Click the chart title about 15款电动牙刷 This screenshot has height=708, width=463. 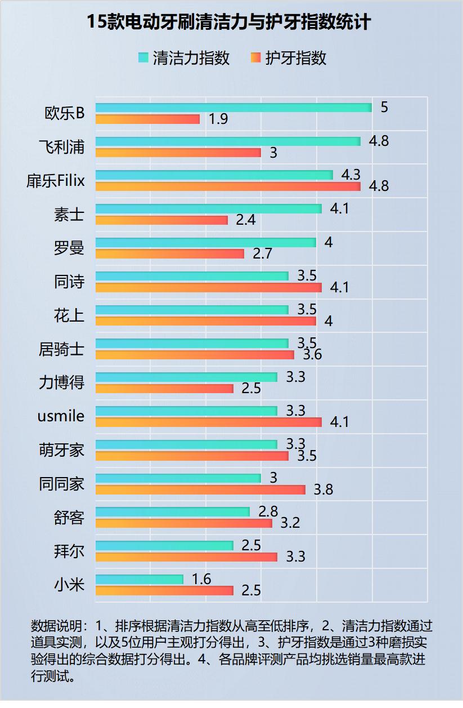(x=229, y=22)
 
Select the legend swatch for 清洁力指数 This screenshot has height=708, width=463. (x=143, y=58)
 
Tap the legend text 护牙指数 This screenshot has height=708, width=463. (x=296, y=58)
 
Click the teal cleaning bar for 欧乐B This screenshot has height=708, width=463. (x=233, y=108)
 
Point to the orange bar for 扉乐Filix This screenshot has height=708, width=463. (x=228, y=186)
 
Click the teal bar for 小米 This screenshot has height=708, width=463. (x=140, y=579)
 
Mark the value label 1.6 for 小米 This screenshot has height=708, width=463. (x=201, y=579)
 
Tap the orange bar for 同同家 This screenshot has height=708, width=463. (x=200, y=490)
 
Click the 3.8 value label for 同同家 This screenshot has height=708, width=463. (x=323, y=490)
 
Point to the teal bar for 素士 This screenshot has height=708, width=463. (x=208, y=209)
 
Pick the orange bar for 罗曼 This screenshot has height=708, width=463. (x=170, y=254)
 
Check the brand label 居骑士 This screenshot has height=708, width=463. (x=61, y=349)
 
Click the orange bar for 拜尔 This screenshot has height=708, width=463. (x=186, y=557)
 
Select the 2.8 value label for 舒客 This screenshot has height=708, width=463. (x=268, y=511)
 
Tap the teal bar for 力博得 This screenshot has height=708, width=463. (x=186, y=377)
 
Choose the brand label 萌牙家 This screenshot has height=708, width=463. (x=61, y=450)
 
